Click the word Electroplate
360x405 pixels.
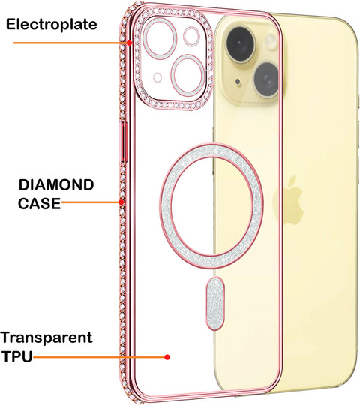pyautogui.click(x=52, y=24)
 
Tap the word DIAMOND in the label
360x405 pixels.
pyautogui.click(x=56, y=185)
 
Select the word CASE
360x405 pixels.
pyautogui.click(x=39, y=203)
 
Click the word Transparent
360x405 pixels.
pyautogui.click(x=46, y=337)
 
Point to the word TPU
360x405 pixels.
pyautogui.click(x=17, y=356)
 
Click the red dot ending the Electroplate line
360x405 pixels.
pyautogui.click(x=129, y=43)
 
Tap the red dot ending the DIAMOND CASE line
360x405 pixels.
pyautogui.click(x=121, y=202)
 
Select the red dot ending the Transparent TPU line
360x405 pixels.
pyautogui.click(x=167, y=357)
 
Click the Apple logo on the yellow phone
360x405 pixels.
pyautogui.click(x=289, y=200)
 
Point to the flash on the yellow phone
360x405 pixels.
pyautogui.click(x=271, y=41)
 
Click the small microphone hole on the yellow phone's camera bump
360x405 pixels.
pyautogui.click(x=238, y=82)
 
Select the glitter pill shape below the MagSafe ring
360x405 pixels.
pyautogui.click(x=214, y=303)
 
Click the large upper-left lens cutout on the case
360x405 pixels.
pyautogui.click(x=160, y=39)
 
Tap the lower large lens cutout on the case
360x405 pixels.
pyautogui.click(x=188, y=75)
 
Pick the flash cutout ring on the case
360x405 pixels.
pyautogui.click(x=191, y=37)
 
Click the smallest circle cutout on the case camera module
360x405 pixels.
pyautogui.click(x=157, y=77)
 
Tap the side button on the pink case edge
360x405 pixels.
pyautogui.click(x=124, y=142)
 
